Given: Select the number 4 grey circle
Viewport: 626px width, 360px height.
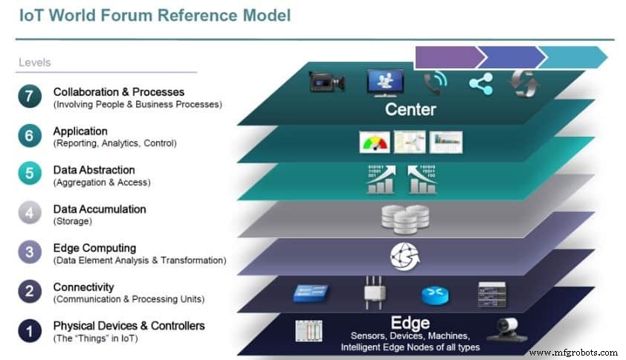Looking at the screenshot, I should click(x=30, y=214).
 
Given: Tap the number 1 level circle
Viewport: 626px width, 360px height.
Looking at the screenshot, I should click(x=30, y=330).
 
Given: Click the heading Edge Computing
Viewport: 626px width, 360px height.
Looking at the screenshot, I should click(x=94, y=248).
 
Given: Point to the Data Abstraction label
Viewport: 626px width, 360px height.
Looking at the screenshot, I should click(x=94, y=170).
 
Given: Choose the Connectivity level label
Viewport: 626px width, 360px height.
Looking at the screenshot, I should click(x=83, y=286).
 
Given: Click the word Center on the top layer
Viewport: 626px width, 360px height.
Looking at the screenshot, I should click(x=410, y=110).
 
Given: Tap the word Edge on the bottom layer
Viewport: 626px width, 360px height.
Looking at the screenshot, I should click(x=410, y=323).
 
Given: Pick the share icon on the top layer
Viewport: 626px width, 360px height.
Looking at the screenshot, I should click(x=480, y=83).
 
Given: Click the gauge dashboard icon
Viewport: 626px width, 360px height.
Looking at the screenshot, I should click(x=374, y=142).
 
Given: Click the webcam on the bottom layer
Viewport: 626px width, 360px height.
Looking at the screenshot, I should click(x=512, y=328).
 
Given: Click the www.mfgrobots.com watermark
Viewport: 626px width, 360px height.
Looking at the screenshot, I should click(x=572, y=353).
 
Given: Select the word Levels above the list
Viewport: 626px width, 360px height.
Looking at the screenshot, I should click(x=34, y=62).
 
